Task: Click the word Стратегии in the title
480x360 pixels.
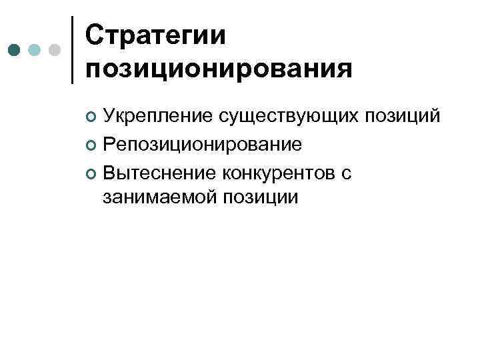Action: coord(156,35)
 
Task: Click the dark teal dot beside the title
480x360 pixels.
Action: coord(14,50)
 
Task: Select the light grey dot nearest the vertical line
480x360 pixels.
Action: coord(55,50)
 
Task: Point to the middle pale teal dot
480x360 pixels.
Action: coord(35,50)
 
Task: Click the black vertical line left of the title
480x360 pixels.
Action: coord(72,50)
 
